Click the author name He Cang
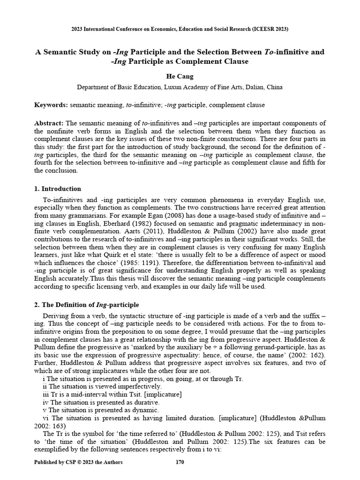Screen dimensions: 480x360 (x=180, y=76)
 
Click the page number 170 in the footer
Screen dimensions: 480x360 (x=180, y=463)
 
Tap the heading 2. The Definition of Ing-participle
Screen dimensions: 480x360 (x=87, y=305)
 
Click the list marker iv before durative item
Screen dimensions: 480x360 (x=45, y=402)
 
